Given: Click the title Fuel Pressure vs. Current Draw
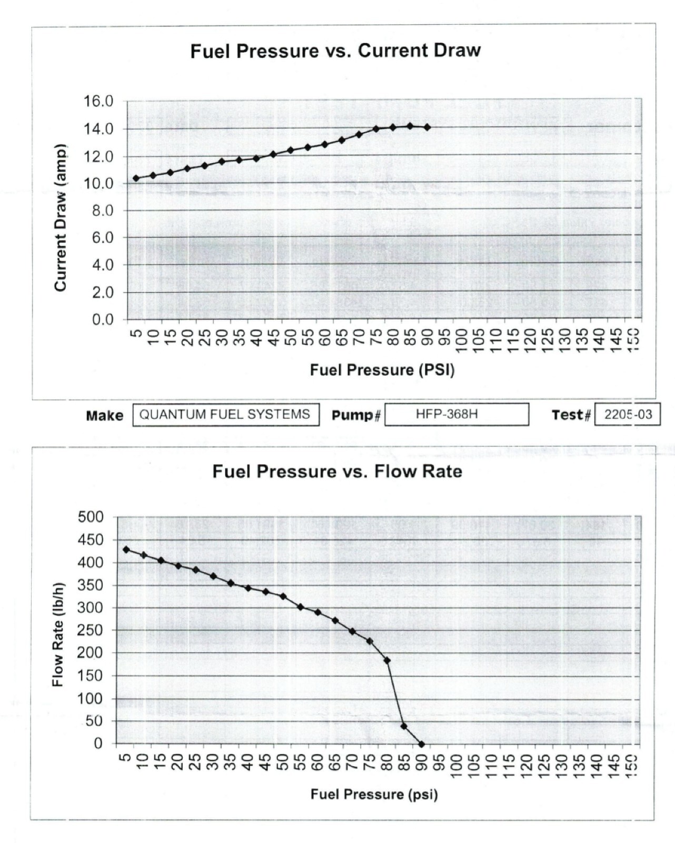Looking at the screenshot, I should click(335, 51).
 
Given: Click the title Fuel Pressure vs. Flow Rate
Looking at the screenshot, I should click(337, 471).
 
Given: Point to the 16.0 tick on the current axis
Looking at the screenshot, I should click(98, 101).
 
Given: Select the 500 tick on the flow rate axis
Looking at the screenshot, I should click(91, 517).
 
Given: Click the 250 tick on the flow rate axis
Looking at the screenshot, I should click(91, 630).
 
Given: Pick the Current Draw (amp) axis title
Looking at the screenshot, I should click(61, 217).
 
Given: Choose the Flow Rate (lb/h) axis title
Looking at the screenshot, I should click(58, 635).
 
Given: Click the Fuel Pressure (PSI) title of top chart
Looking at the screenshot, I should click(382, 370).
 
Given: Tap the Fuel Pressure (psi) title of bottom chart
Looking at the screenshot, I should click(374, 794).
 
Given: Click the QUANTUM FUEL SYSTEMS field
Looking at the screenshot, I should click(225, 414).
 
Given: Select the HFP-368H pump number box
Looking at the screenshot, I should click(456, 414).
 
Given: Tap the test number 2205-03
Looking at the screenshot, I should click(628, 415).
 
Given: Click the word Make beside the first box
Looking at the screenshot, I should click(104, 416).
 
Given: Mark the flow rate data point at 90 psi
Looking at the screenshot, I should click(421, 744).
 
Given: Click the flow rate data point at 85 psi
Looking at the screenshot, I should click(404, 726).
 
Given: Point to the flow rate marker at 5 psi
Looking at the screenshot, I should click(126, 550).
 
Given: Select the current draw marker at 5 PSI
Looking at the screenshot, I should click(136, 178).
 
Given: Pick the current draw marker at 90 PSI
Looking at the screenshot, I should click(427, 128).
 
